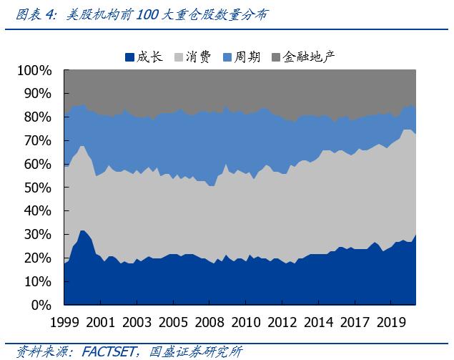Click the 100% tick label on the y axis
coord(34,70)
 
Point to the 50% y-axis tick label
coord(37,188)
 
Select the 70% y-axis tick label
coord(37,140)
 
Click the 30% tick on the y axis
coord(37,234)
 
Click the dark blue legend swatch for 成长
coord(129,57)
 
